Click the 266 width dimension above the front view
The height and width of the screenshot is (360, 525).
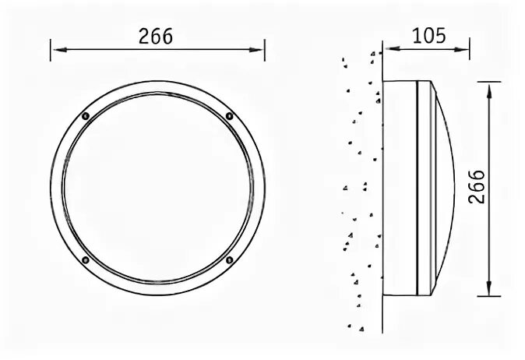click(156, 36)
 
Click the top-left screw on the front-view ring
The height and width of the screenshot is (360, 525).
click(85, 116)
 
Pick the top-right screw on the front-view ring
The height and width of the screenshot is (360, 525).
click(229, 116)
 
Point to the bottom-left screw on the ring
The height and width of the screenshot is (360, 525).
click(85, 259)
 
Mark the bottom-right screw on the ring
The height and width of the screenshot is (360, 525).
click(229, 259)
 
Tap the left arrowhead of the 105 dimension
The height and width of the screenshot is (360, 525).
click(387, 50)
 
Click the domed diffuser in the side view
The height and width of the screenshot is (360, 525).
click(442, 188)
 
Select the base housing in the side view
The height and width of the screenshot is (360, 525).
click(399, 188)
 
